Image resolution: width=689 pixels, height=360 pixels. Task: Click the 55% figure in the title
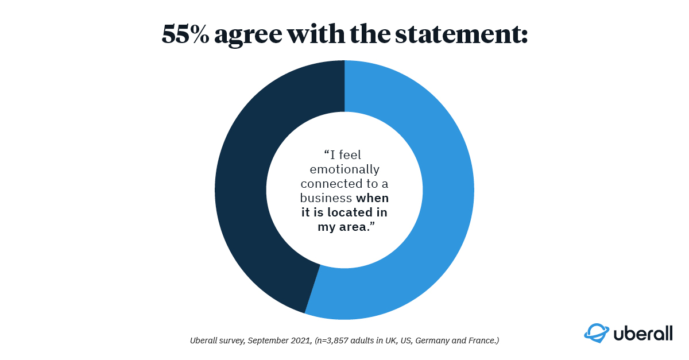(x=185, y=35)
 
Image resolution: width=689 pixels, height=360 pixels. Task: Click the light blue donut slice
(x=436, y=230)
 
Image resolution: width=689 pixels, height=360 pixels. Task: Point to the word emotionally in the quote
(x=344, y=169)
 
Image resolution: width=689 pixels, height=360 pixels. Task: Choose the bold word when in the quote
(x=372, y=198)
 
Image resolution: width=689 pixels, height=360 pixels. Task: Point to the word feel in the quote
(x=351, y=155)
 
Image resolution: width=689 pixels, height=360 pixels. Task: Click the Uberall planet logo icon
(x=595, y=333)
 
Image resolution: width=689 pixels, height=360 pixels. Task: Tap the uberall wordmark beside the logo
(x=641, y=333)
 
